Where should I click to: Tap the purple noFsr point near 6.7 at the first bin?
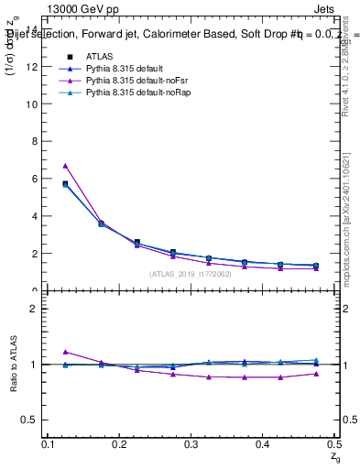[x=65, y=166]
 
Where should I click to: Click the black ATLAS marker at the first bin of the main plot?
[x=65, y=184]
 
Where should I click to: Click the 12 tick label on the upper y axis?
[x=34, y=66]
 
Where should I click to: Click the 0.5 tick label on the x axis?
[x=332, y=444]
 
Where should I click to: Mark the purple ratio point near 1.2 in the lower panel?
[x=65, y=352]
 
